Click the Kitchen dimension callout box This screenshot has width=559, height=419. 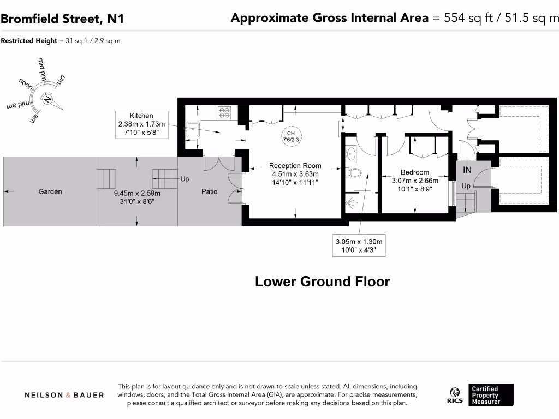point(142,124)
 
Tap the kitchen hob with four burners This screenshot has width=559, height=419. point(224,112)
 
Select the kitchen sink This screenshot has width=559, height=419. point(193,130)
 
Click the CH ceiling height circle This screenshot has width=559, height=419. point(291,136)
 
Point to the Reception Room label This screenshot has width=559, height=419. point(295,166)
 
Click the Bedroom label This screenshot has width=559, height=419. point(415,172)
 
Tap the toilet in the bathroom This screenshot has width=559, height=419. point(353,173)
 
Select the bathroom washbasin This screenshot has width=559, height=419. point(350,154)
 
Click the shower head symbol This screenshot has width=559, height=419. point(350,203)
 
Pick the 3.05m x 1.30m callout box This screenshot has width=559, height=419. point(359,246)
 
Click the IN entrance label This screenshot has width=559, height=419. point(467,170)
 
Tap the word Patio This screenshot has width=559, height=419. point(209,191)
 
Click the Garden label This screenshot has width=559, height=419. point(50,191)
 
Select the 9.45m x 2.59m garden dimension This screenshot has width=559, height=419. point(137,197)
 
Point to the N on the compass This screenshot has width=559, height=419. point(47,99)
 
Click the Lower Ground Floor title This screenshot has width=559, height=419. point(322,282)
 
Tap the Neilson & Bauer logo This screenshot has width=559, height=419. point(64,395)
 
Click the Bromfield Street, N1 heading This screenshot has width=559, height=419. point(62,19)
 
